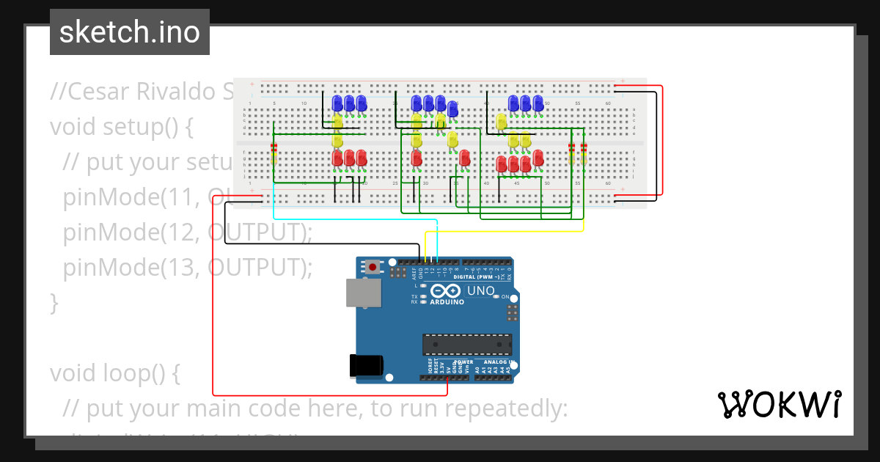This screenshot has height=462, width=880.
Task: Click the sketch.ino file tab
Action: pos(130,32)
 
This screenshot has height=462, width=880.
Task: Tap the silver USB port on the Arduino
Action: pos(363,293)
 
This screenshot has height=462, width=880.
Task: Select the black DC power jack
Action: pos(366,364)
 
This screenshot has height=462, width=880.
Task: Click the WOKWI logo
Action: pos(778,405)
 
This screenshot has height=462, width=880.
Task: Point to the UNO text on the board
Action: pos(481,290)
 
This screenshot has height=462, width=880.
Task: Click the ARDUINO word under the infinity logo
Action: pos(447,301)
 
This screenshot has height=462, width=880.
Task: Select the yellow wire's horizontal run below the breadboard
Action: pos(506,232)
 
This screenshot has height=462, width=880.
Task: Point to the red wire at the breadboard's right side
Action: pos(662,139)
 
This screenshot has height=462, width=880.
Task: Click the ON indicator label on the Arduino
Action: pos(505,296)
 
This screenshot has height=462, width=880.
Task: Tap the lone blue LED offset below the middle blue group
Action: pos(453,109)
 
